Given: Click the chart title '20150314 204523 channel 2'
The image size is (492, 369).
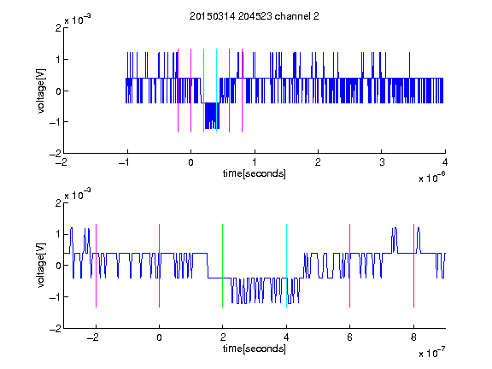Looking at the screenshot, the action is tap(255, 16).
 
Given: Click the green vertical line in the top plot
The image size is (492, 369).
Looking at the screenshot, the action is tap(203, 91).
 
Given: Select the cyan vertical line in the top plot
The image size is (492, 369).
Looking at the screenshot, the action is tap(216, 91).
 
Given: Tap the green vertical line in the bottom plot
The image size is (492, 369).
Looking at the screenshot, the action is tap(222, 266).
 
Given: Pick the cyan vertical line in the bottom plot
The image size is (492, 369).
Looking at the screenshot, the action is tap(286, 266).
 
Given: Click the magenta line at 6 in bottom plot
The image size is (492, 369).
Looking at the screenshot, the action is tap(350, 266).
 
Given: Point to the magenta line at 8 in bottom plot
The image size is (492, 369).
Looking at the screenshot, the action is tap(414, 266).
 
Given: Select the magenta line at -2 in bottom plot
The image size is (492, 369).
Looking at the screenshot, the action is tap(96, 266).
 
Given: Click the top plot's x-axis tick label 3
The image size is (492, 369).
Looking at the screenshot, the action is tap(382, 162).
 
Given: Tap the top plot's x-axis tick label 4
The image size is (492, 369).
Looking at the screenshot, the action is tap(445, 162).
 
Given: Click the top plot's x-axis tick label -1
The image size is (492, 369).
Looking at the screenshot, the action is tap(125, 162).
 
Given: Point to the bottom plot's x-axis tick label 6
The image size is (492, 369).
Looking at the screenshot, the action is tap(350, 337).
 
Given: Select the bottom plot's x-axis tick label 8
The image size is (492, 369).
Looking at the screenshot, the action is tap(414, 337).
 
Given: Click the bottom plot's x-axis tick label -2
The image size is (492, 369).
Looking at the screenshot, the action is tap(93, 337).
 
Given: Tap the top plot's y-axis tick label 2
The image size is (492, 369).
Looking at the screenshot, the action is tap(58, 28).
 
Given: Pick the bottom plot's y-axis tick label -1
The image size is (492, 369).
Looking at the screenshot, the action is tap(56, 297).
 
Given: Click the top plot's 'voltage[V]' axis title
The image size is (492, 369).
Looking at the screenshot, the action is tap(41, 91).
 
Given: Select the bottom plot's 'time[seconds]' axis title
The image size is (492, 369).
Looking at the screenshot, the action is tap(255, 348).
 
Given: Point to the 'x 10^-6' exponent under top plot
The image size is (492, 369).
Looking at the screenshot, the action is tap(431, 177).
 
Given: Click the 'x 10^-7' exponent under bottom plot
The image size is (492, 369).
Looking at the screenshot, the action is tap(431, 352).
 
